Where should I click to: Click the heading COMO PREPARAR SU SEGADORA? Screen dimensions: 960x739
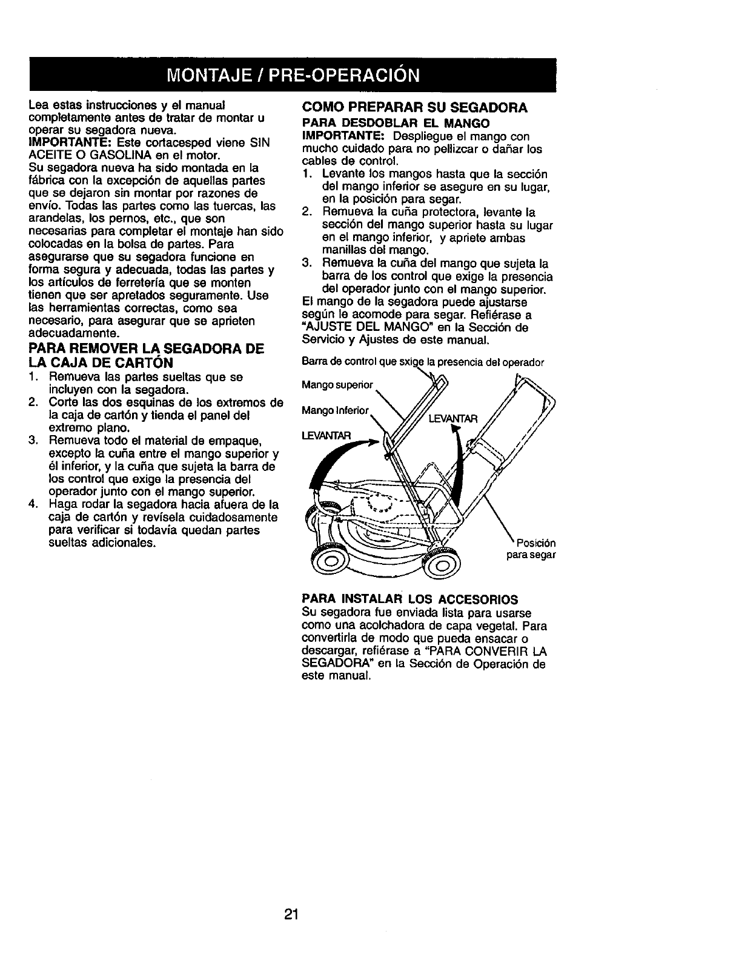tap(415, 107)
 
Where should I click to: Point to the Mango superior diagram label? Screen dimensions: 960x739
tap(337, 384)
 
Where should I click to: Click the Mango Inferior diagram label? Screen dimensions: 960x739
tap(335, 411)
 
